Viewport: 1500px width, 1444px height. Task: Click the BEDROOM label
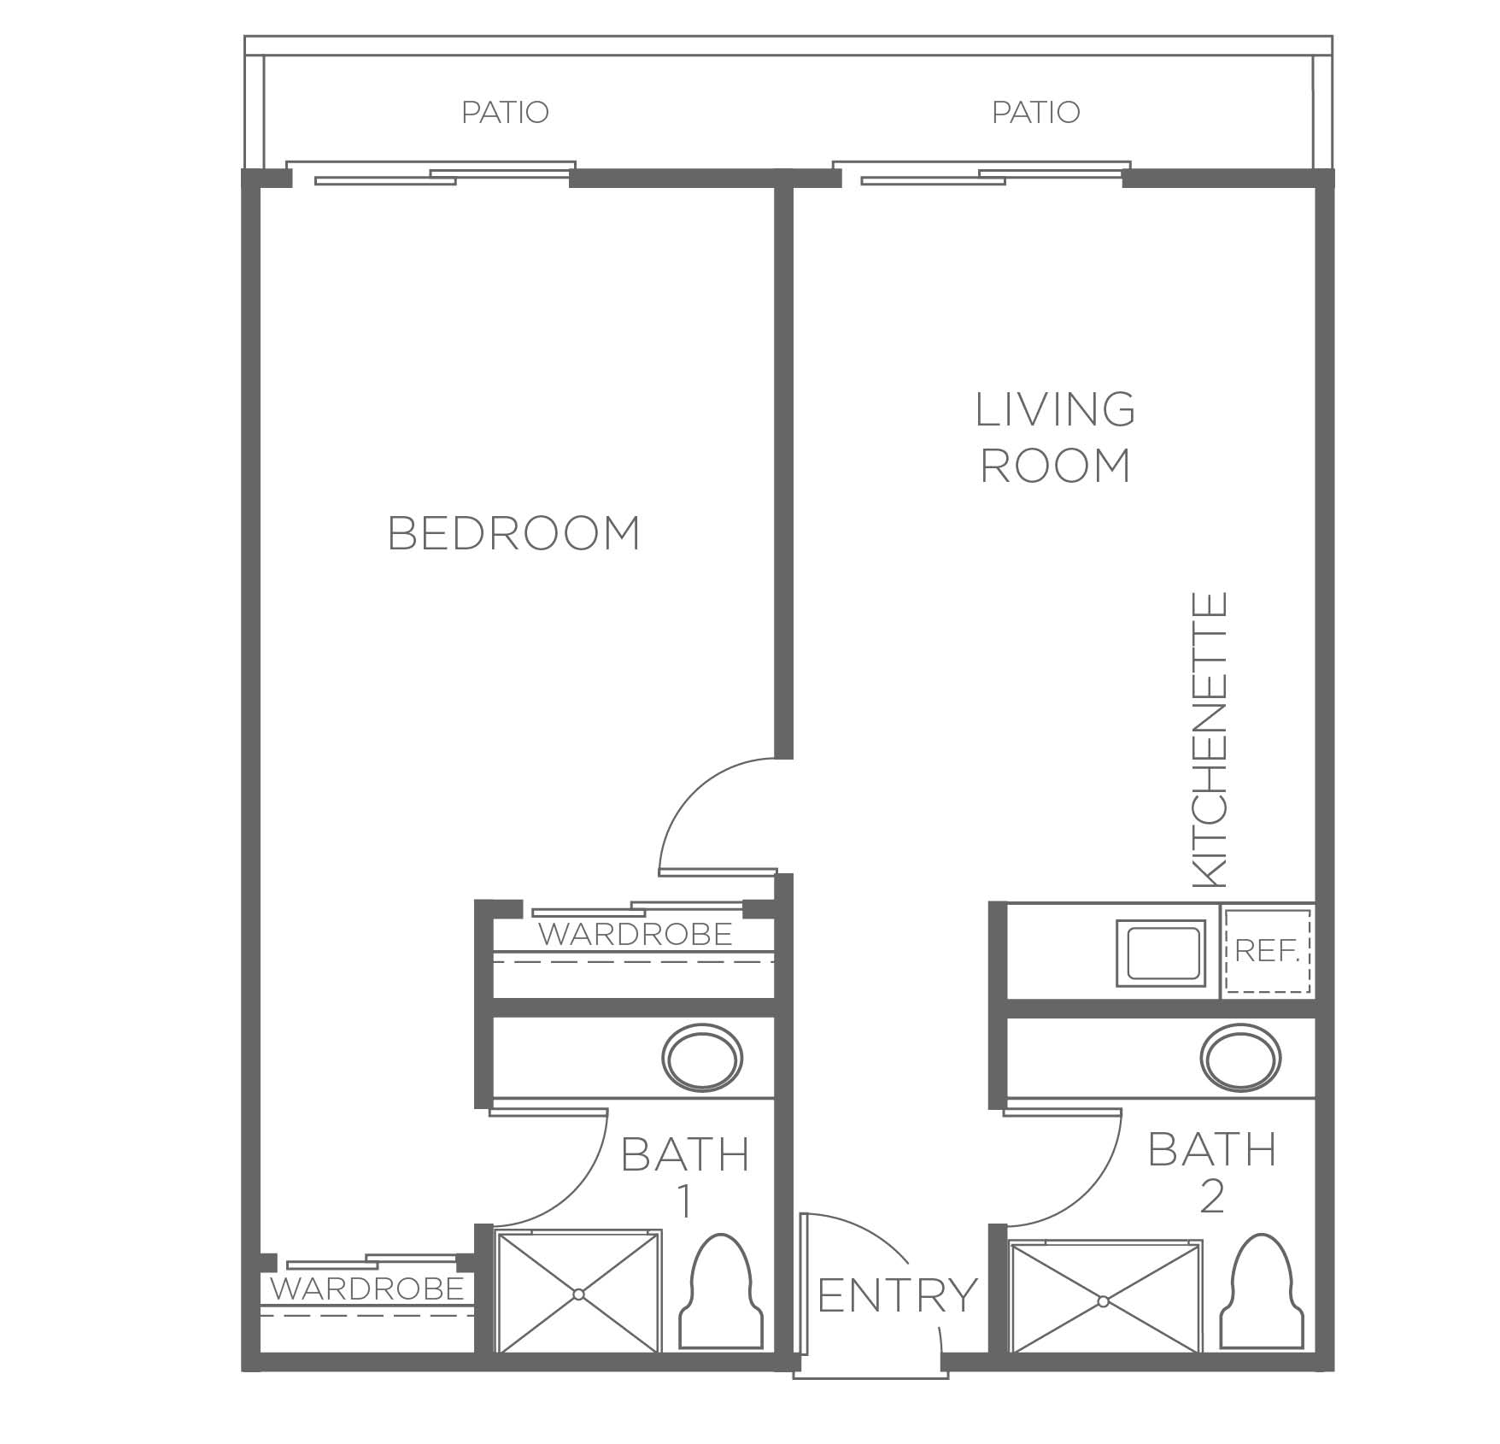point(513,533)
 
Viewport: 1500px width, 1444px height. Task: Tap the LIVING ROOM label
point(1056,437)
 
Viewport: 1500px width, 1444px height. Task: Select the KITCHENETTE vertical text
point(1209,739)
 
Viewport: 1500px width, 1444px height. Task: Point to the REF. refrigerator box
point(1268,951)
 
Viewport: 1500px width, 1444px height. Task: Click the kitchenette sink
point(1160,950)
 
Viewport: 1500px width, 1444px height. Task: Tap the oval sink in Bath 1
point(703,1058)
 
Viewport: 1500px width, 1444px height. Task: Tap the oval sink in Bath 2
point(1240,1058)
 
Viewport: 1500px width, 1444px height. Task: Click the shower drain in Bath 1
point(579,1294)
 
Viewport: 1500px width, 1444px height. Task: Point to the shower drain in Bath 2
point(1104,1301)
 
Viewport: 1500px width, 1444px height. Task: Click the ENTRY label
point(897,1294)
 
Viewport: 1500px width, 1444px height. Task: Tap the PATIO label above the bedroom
point(505,112)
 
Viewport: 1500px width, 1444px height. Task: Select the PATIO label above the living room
point(1035,112)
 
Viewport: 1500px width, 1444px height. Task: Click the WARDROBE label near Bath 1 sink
point(635,934)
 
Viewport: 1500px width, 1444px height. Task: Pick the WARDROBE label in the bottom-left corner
point(367,1288)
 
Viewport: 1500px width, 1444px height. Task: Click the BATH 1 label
point(685,1177)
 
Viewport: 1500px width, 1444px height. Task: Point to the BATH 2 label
point(1212,1171)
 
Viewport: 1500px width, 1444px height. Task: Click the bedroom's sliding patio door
point(431,173)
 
